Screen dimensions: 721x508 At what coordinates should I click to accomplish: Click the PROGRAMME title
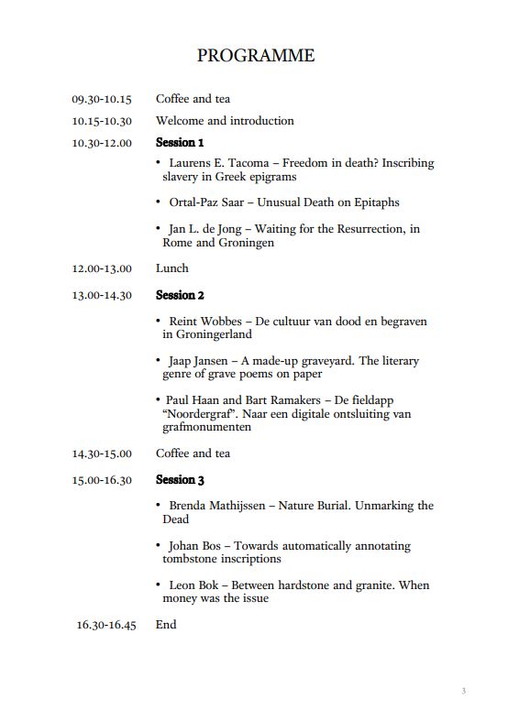pos(255,56)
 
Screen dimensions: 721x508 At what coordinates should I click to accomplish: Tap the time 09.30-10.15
pos(102,99)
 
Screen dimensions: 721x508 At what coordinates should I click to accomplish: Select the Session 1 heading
pos(180,142)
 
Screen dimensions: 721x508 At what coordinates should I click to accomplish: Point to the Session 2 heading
pos(180,295)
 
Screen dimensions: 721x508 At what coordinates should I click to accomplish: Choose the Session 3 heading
pos(180,480)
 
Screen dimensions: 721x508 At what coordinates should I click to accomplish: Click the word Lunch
pos(172,268)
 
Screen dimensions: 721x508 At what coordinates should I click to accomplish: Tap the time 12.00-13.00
pos(102,268)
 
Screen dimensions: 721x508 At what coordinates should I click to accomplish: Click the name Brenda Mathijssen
pos(217,506)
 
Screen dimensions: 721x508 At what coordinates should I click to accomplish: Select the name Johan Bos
pos(193,546)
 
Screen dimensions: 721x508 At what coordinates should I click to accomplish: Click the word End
pos(166,625)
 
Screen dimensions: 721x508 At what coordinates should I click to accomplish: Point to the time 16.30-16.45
pos(106,625)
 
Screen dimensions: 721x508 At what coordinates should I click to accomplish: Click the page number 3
pos(464,691)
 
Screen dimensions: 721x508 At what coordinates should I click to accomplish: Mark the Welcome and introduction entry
pos(225,121)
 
